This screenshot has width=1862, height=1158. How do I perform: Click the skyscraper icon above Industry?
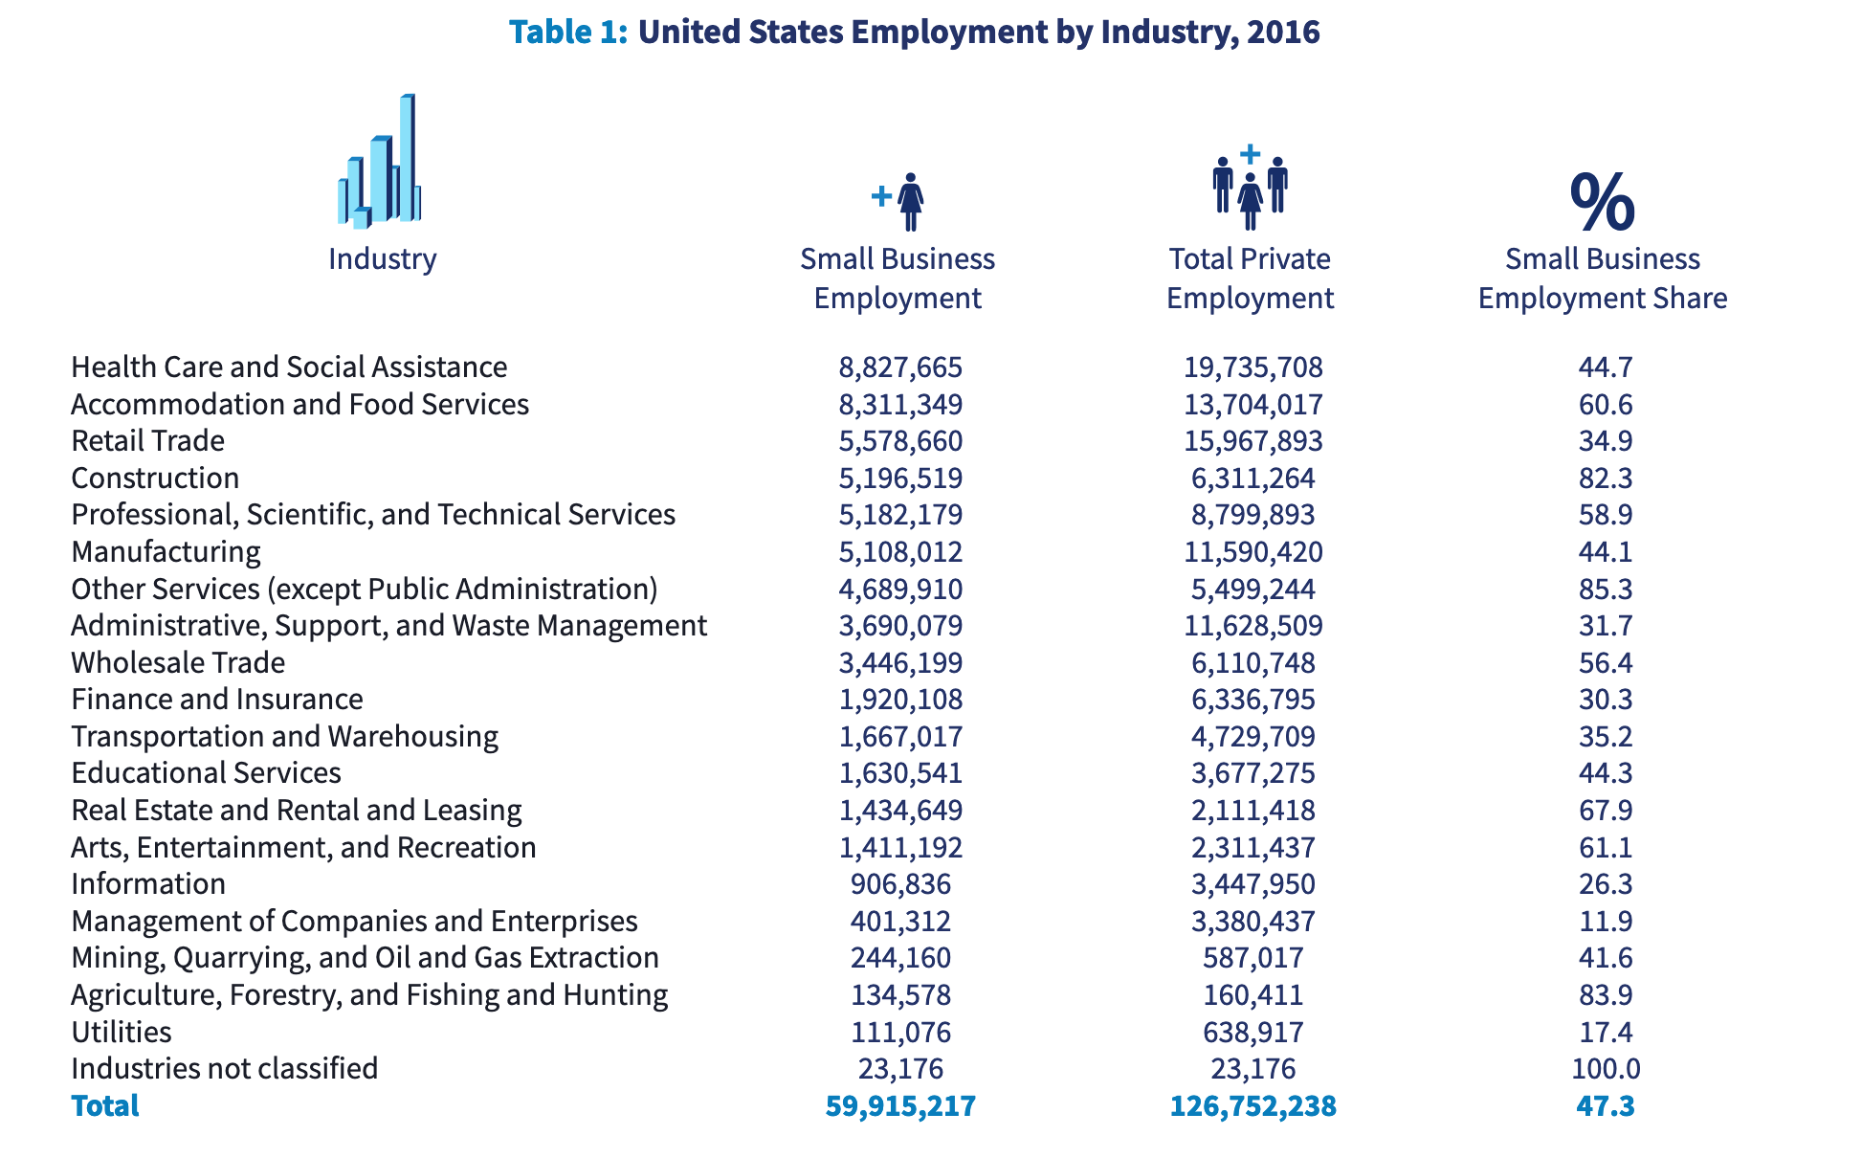pos(380,162)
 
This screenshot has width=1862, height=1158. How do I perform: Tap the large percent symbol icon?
pos(1603,202)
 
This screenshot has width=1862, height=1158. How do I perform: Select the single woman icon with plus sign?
pos(898,201)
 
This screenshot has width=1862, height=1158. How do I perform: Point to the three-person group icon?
pos(1250,189)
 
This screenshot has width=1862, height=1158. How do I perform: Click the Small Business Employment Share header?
pos(1603,278)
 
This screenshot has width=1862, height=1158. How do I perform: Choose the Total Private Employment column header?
pos(1250,278)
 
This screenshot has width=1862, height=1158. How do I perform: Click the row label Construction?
pos(155,478)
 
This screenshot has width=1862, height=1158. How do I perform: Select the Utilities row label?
pos(122,1032)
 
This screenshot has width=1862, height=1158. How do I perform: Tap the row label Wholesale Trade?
pos(178,662)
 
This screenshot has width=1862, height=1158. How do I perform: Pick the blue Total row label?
pos(105,1105)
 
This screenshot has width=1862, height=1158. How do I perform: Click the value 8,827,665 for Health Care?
pos(900,367)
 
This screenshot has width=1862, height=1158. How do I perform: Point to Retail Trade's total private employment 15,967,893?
pos(1252,441)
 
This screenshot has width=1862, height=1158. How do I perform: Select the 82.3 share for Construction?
pos(1606,478)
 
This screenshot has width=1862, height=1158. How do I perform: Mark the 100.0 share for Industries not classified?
pos(1606,1068)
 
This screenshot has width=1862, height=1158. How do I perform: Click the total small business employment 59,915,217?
pos(900,1105)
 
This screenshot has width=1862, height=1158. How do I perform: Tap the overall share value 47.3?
pos(1606,1105)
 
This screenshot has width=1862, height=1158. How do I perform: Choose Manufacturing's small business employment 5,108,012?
pos(900,552)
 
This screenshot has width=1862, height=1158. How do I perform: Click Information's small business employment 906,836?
pos(900,884)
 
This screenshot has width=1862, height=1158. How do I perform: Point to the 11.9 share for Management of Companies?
pos(1606,921)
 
